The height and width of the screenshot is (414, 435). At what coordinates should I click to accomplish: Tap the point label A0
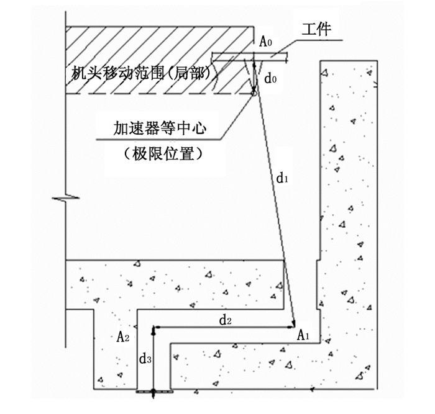[266, 42]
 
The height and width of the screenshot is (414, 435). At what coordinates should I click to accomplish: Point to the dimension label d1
[283, 179]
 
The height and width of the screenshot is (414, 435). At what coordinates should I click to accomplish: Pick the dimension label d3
[144, 359]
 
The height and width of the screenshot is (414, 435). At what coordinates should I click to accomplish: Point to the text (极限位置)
[162, 153]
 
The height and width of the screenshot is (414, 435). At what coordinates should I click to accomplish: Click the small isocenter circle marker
[254, 94]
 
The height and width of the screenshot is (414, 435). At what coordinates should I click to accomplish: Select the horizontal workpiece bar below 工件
[249, 58]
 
